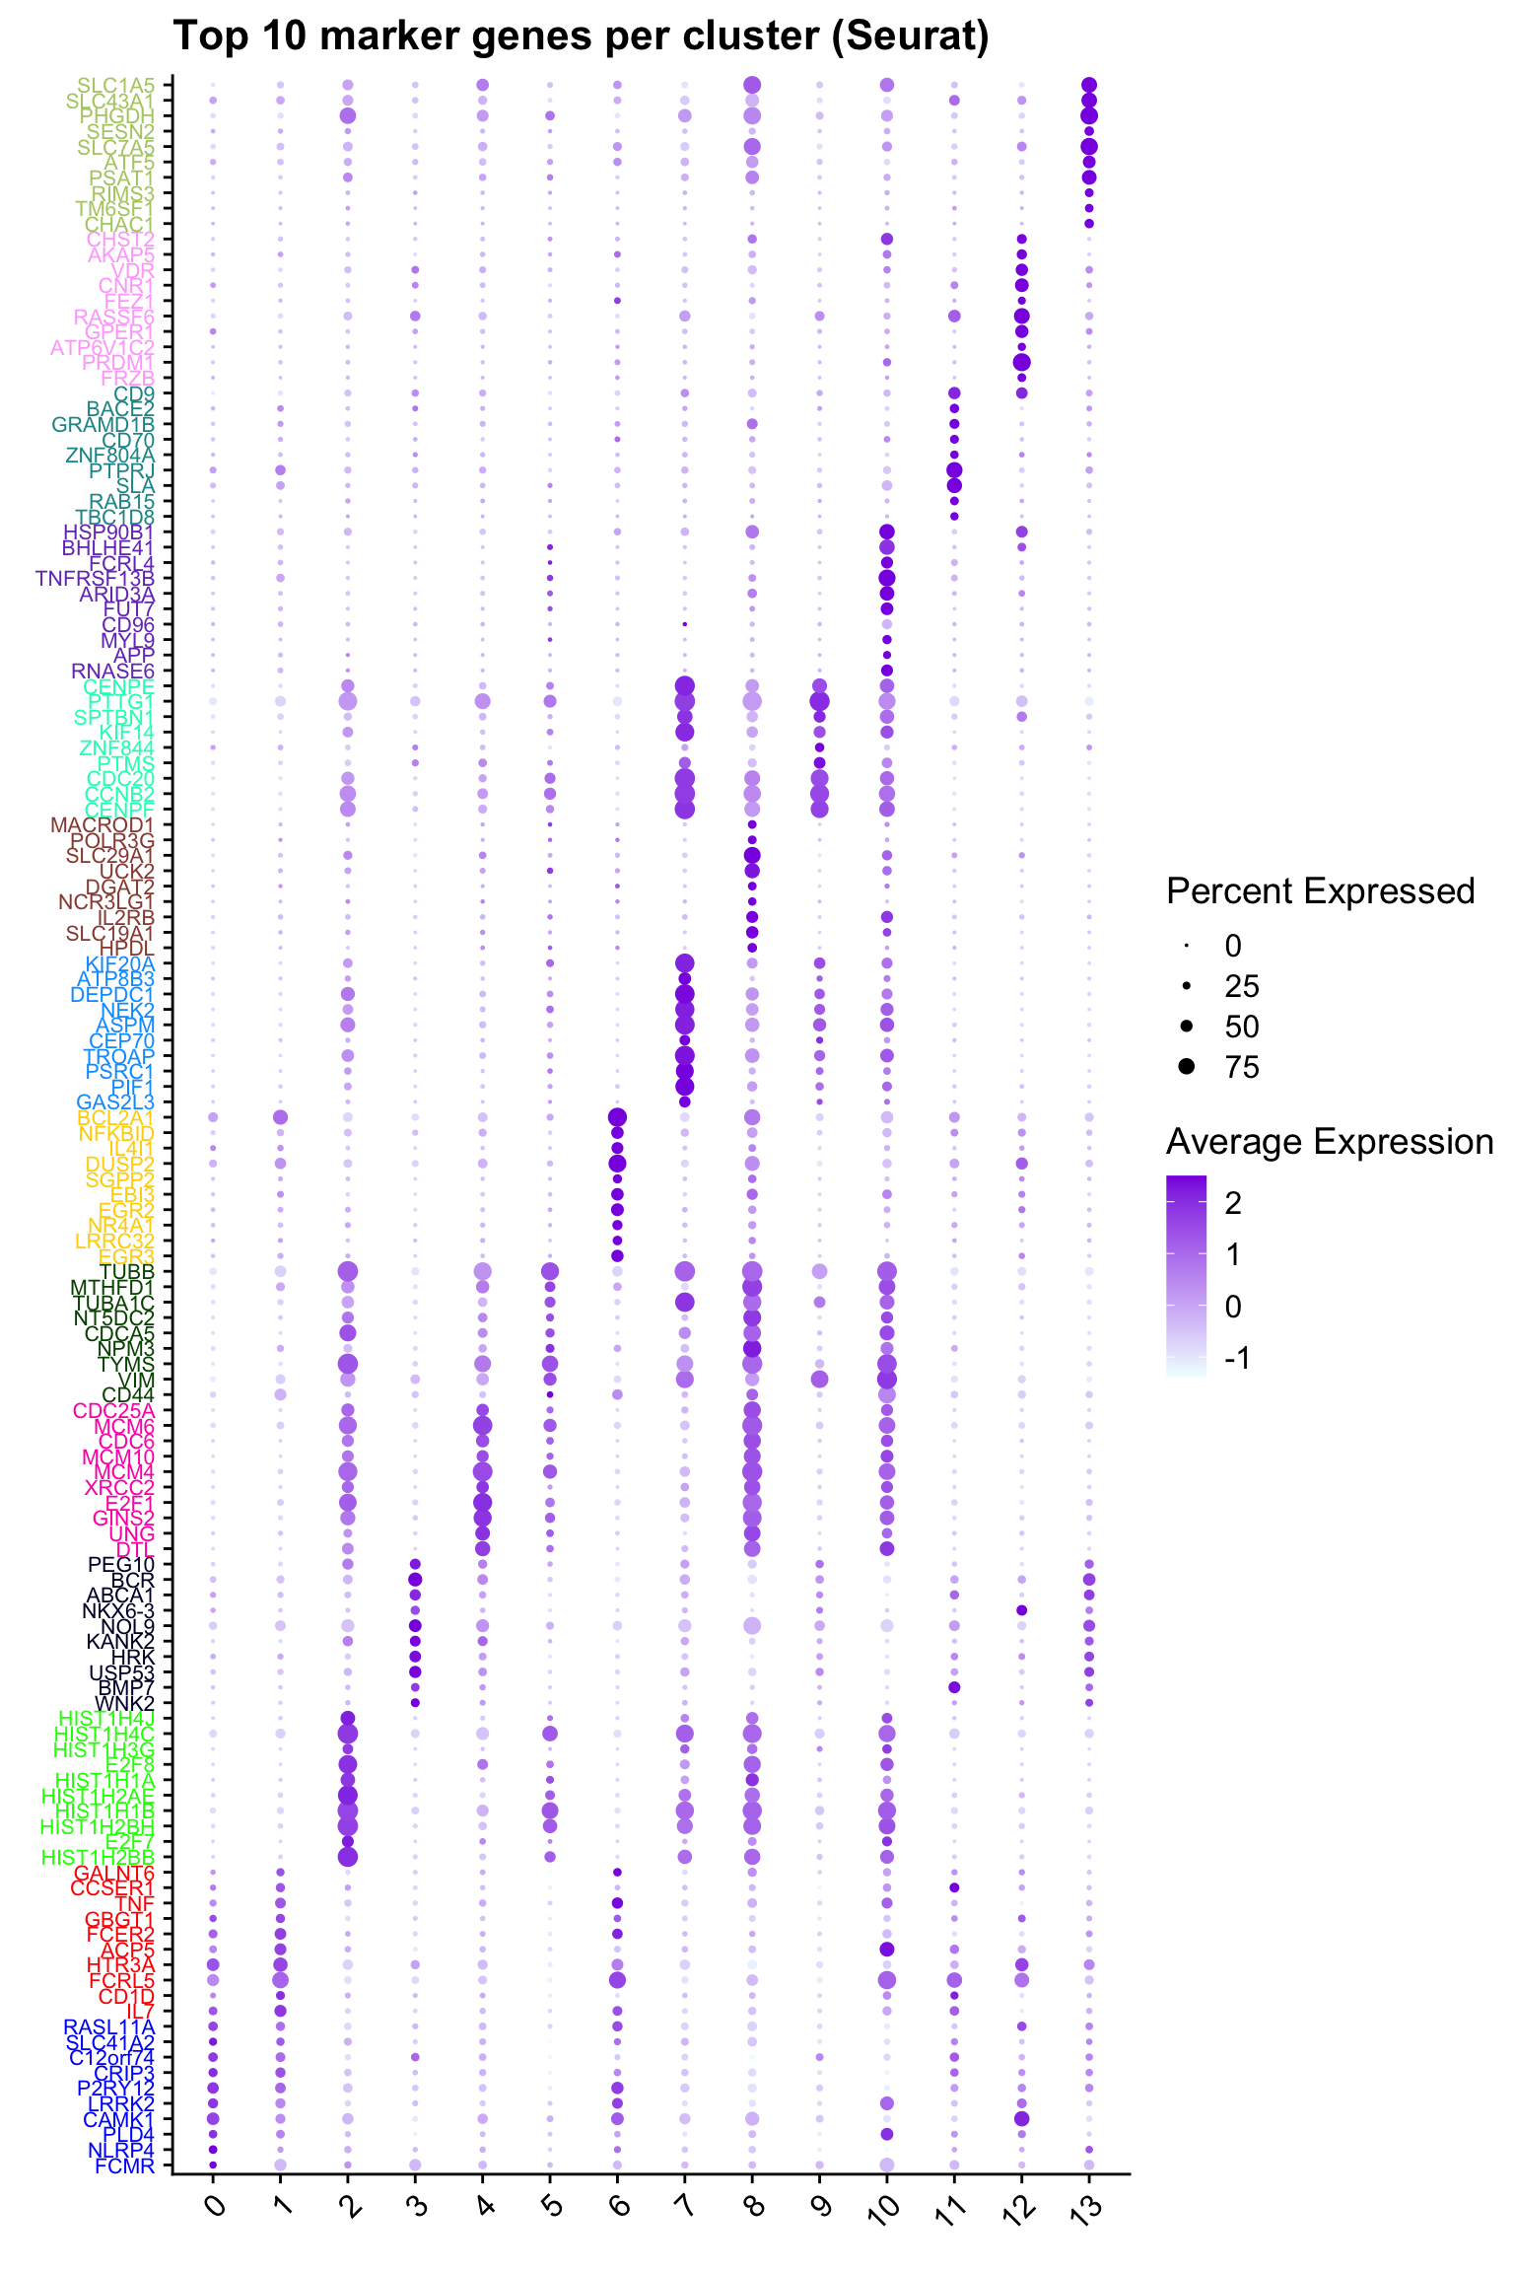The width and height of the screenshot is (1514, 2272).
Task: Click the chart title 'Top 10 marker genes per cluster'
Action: [581, 37]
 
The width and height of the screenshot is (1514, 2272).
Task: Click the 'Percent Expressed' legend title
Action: [1320, 891]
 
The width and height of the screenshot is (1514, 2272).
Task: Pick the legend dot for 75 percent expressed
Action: [1188, 1066]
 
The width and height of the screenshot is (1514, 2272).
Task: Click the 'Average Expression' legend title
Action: [1329, 1142]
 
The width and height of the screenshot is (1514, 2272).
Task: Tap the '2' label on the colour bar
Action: [1233, 1203]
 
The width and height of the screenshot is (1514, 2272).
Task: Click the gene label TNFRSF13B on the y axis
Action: [96, 578]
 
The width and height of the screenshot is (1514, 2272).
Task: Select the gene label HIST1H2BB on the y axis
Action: [99, 1857]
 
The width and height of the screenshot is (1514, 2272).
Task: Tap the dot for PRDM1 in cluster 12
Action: [1021, 363]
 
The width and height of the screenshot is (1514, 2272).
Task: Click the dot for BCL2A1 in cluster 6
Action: [617, 1117]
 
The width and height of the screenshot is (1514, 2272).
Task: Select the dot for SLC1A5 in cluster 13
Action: [1089, 85]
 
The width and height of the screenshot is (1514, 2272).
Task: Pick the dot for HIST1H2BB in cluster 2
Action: [347, 1857]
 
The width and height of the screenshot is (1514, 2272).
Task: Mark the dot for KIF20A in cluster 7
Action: [685, 963]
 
